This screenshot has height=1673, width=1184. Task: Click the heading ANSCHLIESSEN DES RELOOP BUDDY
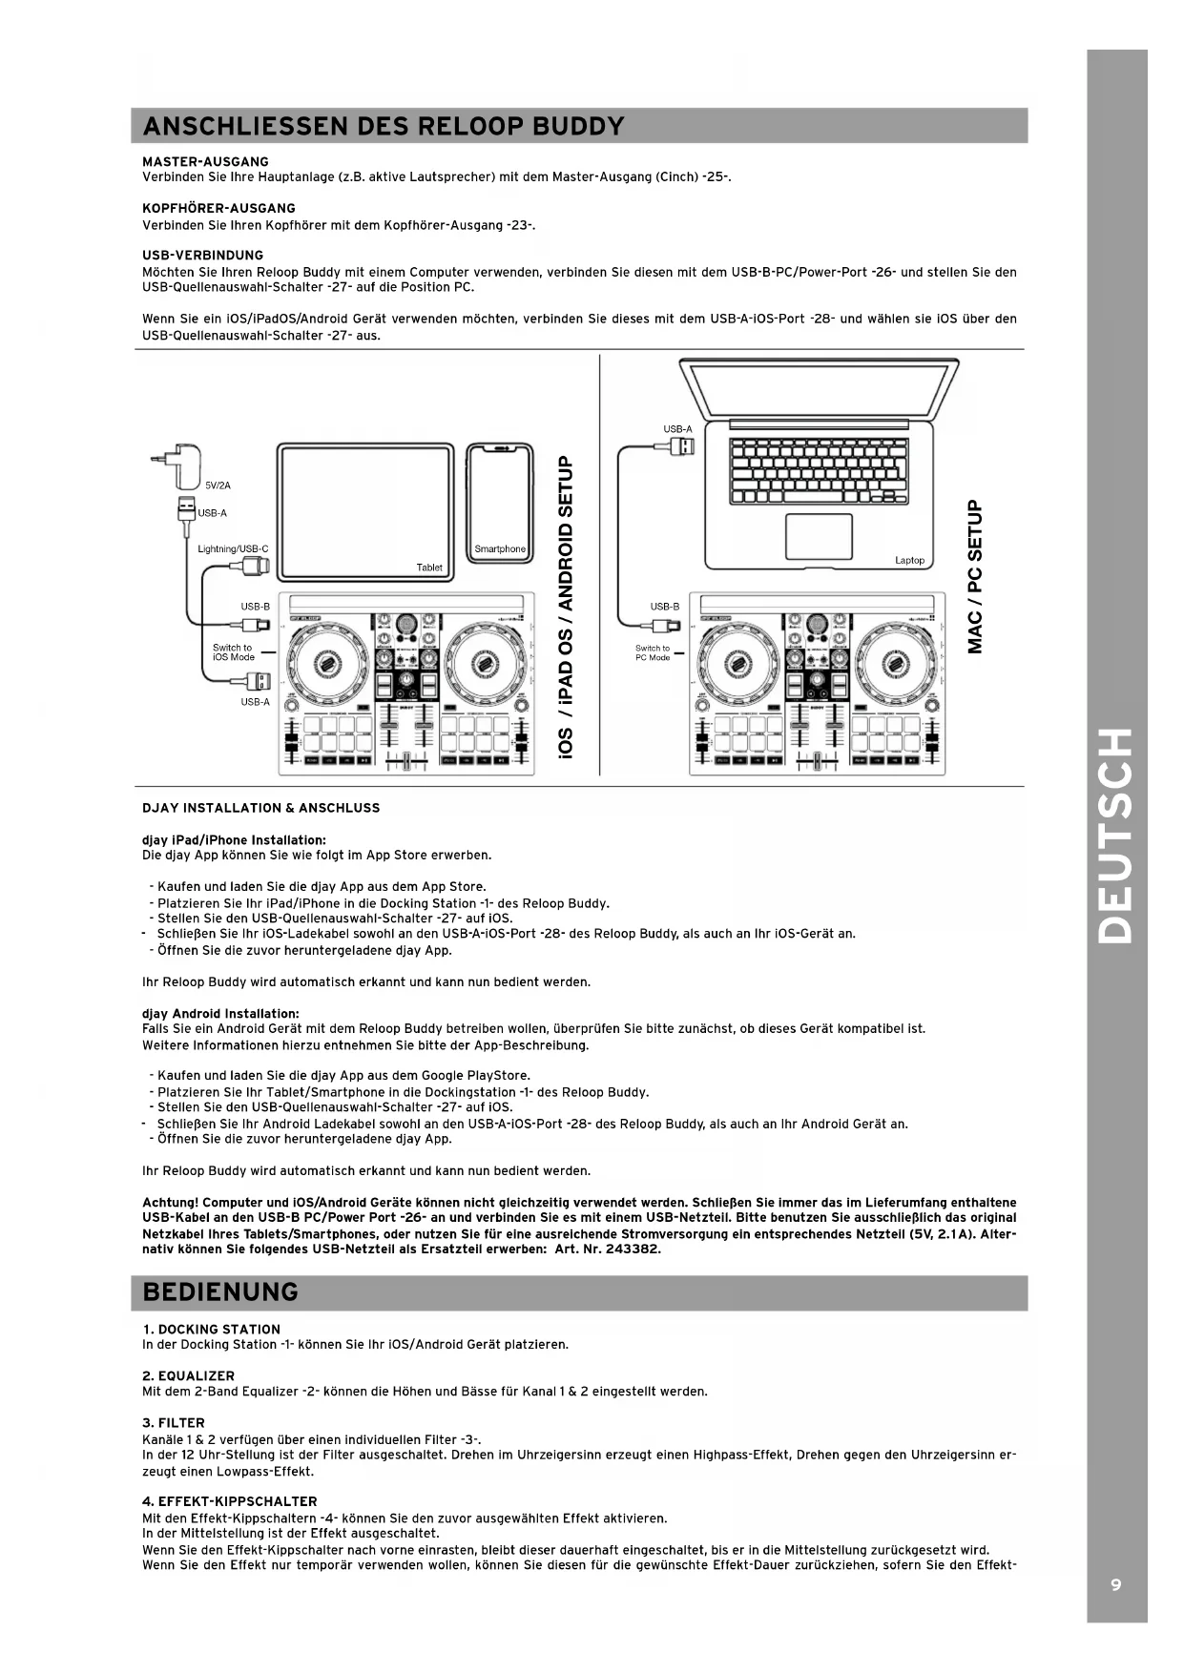383,126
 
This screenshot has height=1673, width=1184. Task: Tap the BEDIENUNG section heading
219,1291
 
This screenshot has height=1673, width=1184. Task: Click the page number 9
1115,1584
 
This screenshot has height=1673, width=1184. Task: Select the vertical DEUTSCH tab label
1115,836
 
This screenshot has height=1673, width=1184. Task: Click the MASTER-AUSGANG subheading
205,161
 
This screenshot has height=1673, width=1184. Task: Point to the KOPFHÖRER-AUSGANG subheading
218,208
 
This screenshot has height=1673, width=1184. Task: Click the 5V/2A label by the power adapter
218,485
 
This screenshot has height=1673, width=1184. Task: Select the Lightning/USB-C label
233,549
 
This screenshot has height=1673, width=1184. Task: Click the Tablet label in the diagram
429,568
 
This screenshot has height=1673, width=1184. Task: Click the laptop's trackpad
819,536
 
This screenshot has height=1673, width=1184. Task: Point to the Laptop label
909,560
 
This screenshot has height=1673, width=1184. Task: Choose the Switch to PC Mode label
653,652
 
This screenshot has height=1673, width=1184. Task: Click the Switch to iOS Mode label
233,652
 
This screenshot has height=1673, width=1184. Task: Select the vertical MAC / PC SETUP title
974,577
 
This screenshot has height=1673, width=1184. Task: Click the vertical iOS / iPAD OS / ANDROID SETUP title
565,608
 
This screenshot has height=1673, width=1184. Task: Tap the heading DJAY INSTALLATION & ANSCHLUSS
260,808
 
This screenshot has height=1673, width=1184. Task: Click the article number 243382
633,1249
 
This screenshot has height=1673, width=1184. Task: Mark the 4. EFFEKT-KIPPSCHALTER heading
229,1501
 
